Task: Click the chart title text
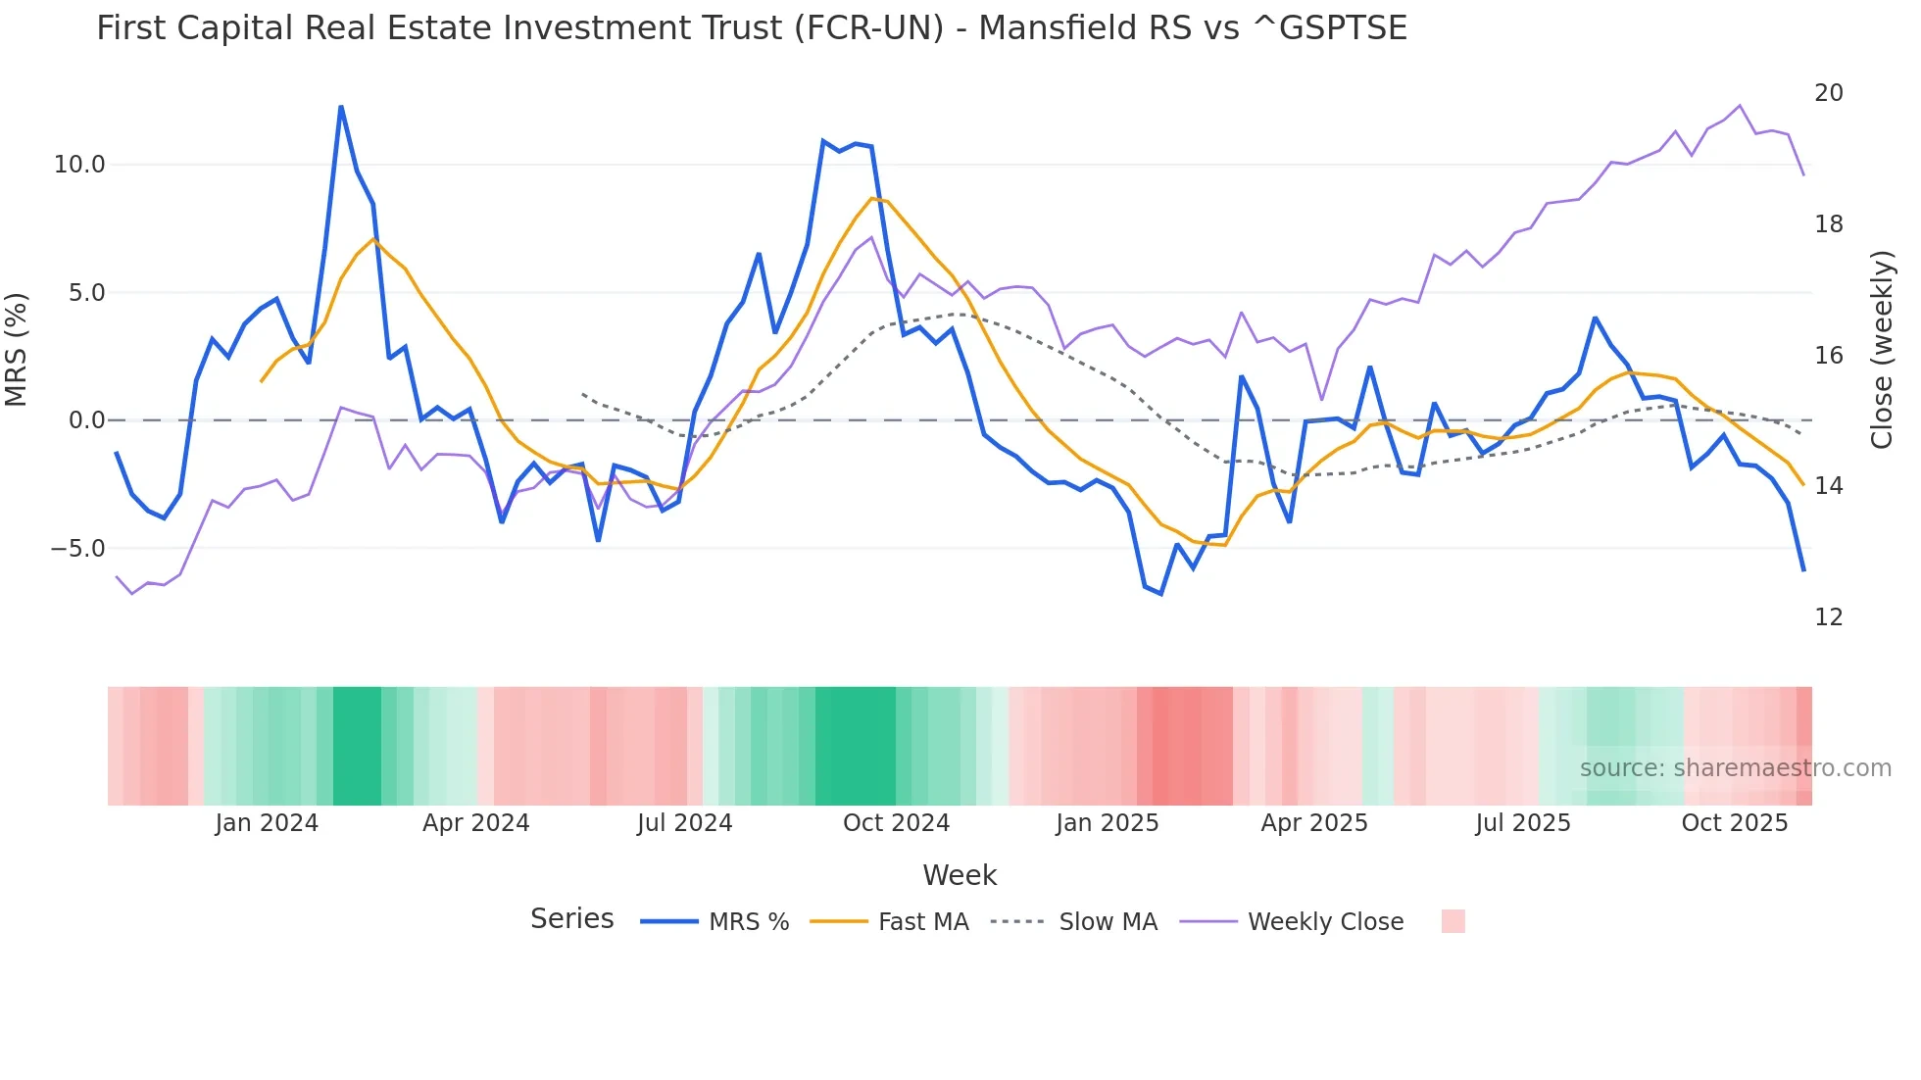pyautogui.click(x=751, y=28)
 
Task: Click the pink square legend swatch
pyautogui.click(x=1453, y=921)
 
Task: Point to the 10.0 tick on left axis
pyautogui.click(x=79, y=165)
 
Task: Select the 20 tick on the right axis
pyautogui.click(x=1828, y=93)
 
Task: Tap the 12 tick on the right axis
pyautogui.click(x=1828, y=617)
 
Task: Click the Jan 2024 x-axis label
pyautogui.click(x=267, y=823)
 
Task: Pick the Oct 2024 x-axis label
pyautogui.click(x=896, y=823)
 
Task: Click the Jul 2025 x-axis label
pyautogui.click(x=1522, y=823)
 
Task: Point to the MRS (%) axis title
pyautogui.click(x=17, y=350)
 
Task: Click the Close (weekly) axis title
pyautogui.click(x=1881, y=350)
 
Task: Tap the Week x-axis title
pyautogui.click(x=960, y=875)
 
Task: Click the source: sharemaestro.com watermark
pyautogui.click(x=1735, y=768)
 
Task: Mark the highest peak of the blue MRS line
pyautogui.click(x=340, y=107)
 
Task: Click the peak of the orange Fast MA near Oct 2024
pyautogui.click(x=871, y=198)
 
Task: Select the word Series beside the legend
pyautogui.click(x=571, y=919)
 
